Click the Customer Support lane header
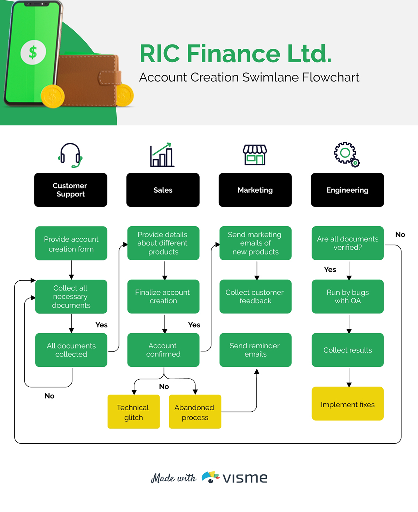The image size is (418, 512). point(70,190)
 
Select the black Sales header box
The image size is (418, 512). point(163,190)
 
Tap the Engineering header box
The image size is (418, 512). point(347,190)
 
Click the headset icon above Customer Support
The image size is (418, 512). point(70,155)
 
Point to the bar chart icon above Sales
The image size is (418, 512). point(162,155)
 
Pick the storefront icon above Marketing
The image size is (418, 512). point(255,155)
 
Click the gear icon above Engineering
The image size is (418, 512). point(346,154)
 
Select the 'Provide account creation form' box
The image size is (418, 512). point(71,243)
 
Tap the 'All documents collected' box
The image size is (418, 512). point(71,350)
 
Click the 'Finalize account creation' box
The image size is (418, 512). point(163,296)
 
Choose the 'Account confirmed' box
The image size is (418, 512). point(163,350)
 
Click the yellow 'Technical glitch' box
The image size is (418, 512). point(133,412)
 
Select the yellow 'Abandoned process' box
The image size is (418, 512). point(195,412)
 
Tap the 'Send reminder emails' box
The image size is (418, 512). point(255,350)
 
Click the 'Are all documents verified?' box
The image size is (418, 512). point(347,243)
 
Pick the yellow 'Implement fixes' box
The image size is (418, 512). point(347,404)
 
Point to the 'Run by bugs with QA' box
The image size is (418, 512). point(347,296)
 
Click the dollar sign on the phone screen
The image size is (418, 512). point(33,52)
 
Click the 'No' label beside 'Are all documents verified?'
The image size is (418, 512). point(400,234)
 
